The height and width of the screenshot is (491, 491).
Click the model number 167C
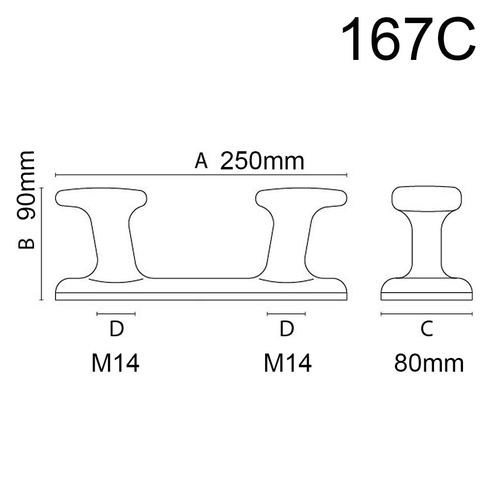408,39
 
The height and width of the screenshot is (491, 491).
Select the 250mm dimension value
262,161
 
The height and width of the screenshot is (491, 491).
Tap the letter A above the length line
201,161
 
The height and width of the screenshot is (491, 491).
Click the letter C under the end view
427,328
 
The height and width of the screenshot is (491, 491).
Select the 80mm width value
429,364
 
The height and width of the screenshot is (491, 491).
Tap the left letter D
116,329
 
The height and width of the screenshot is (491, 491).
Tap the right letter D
286,329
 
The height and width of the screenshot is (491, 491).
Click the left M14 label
115,364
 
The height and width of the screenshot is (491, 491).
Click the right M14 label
288,364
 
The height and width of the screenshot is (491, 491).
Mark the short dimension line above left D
116,313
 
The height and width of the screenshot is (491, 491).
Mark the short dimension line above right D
286,313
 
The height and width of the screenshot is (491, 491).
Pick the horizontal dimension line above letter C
426,314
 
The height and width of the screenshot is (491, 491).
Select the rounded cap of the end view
427,198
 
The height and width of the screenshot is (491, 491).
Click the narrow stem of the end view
427,243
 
